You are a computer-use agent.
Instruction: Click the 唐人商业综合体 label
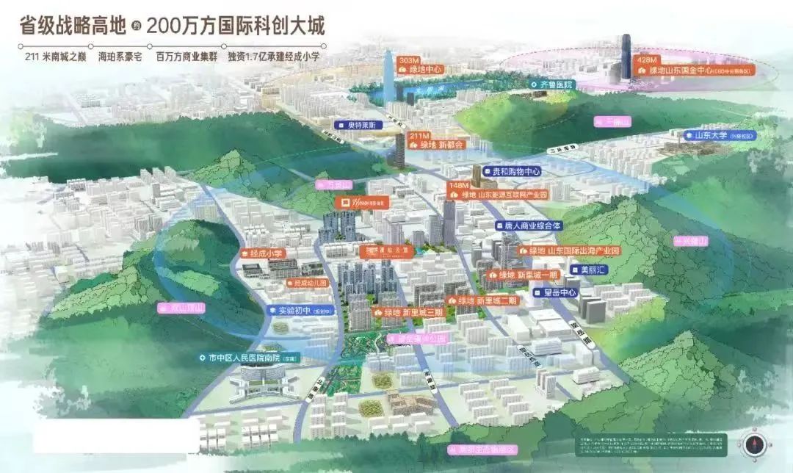point(528,225)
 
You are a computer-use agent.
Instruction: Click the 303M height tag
point(408,59)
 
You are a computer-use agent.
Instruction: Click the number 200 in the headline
point(167,26)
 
